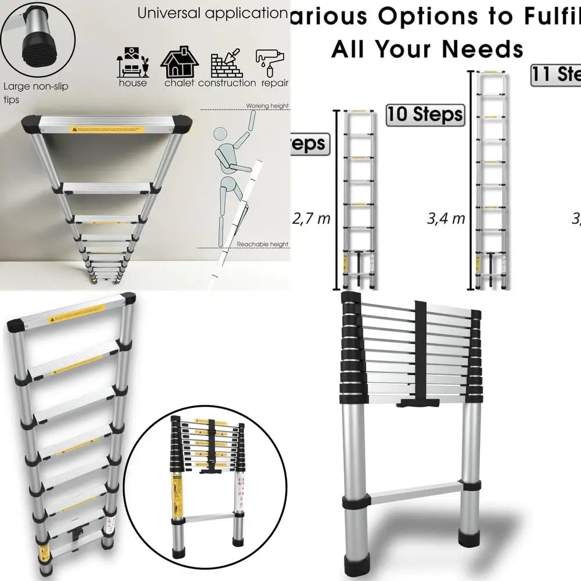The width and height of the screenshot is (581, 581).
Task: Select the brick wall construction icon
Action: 227,63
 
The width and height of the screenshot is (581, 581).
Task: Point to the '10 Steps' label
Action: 425,114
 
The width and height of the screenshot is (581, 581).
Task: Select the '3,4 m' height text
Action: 446,219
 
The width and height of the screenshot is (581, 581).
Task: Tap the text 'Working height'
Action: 267,106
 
